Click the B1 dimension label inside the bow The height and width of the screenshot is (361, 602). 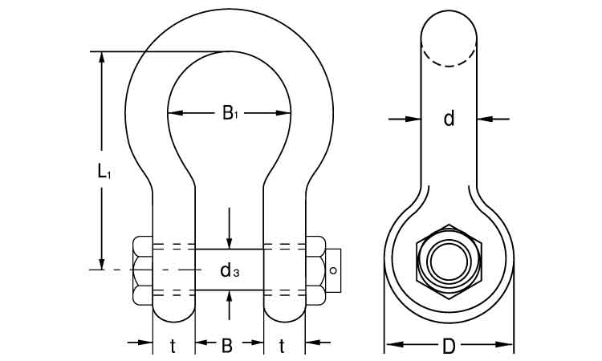pos(230,113)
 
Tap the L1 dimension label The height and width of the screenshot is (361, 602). pos(104,171)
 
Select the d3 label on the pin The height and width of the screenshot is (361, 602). pos(230,270)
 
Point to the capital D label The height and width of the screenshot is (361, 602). pos(449,346)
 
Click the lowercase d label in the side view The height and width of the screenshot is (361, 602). pos(449,118)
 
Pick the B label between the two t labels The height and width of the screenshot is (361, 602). pos(227,346)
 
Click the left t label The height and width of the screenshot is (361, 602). pos(173,347)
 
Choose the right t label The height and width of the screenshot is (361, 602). pos(283,347)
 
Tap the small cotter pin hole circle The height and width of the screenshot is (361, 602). pos(333,270)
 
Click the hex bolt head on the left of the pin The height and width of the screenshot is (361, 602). pos(143,271)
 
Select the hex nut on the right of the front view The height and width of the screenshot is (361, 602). pos(315,271)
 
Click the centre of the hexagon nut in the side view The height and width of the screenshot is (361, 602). pos(449,262)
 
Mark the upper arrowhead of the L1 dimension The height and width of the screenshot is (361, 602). pos(102,57)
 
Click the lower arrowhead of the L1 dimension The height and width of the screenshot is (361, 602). pos(102,264)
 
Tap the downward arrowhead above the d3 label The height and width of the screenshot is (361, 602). pos(230,243)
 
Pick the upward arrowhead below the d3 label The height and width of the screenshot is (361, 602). pos(230,297)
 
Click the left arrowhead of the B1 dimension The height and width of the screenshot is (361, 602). pos(174,113)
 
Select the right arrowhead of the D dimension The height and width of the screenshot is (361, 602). pos(506,344)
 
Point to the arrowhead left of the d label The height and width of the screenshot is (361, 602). pos(415,119)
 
